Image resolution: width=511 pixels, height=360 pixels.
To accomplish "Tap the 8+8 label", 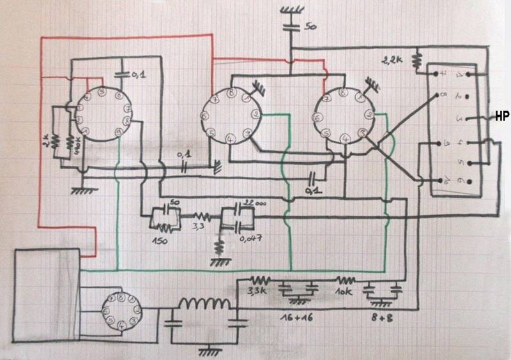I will pyautogui.click(x=383, y=315).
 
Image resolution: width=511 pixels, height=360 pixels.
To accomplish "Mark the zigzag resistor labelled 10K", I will pyautogui.click(x=346, y=280).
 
